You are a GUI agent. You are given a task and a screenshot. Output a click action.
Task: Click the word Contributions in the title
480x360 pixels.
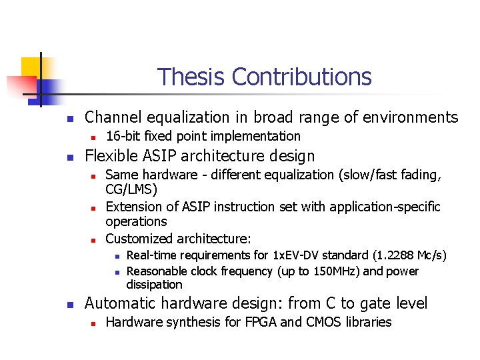pos(301,77)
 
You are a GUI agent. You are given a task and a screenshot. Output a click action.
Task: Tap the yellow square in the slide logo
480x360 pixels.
pos(31,67)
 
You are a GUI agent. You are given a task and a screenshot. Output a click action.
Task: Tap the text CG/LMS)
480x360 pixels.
pos(131,190)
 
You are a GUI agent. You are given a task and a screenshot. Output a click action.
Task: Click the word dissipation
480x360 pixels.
pos(154,285)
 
